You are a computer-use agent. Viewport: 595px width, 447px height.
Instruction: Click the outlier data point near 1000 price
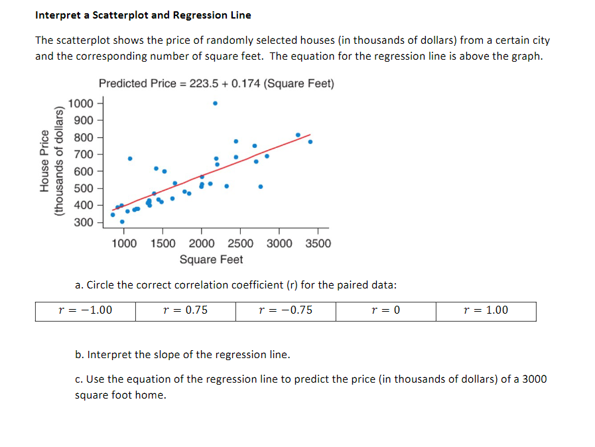point(215,103)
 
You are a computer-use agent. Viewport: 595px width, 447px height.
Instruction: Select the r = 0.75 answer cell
point(185,310)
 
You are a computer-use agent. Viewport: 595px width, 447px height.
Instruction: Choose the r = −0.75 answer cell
point(285,310)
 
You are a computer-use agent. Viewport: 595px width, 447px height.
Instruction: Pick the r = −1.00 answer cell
point(86,310)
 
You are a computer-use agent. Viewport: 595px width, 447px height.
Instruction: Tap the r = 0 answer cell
point(386,310)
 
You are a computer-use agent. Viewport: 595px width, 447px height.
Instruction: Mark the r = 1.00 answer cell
point(486,310)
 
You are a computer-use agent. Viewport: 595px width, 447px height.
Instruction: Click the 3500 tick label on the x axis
point(318,243)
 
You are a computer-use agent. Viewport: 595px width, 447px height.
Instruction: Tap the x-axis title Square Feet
point(211,259)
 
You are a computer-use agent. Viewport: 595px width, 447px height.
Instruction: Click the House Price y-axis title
point(45,161)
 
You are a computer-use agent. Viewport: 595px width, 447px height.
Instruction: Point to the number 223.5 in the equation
point(202,84)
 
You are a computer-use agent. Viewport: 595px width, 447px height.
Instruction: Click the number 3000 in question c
point(535,379)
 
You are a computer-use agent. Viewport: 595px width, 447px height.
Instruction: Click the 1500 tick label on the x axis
point(164,243)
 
